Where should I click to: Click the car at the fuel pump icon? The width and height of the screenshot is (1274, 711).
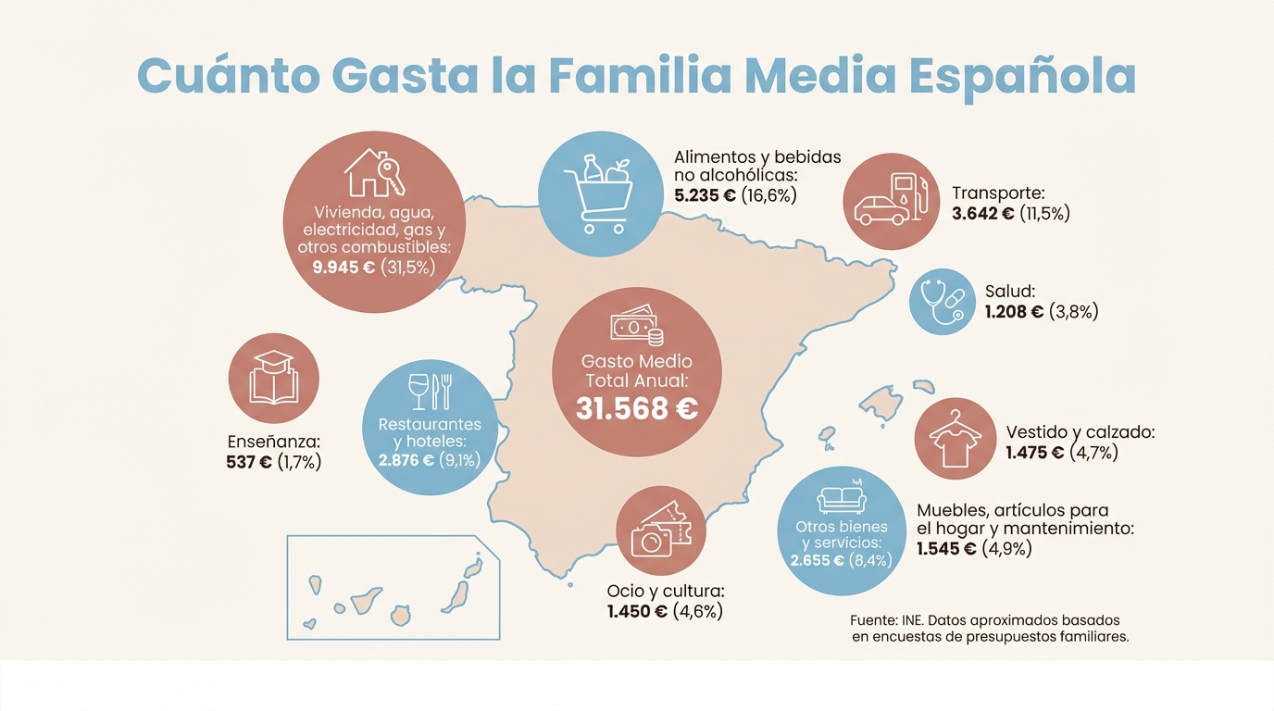(892, 201)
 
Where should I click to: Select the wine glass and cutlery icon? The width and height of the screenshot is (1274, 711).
(430, 392)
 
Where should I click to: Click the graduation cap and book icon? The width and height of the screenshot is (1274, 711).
(273, 377)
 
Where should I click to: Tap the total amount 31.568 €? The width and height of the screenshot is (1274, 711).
(636, 407)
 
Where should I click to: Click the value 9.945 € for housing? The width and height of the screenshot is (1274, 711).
(343, 268)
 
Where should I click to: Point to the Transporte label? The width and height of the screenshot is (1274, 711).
(998, 193)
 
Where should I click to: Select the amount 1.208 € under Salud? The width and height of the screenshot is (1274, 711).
(1014, 312)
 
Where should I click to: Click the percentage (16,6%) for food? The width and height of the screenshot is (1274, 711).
(769, 195)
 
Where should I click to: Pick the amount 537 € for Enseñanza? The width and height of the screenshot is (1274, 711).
(249, 462)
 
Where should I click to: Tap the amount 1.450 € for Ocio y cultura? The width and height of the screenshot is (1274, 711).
(637, 611)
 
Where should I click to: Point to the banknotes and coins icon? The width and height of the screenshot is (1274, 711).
(636, 327)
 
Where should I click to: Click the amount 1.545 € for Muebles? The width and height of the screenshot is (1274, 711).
(946, 549)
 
